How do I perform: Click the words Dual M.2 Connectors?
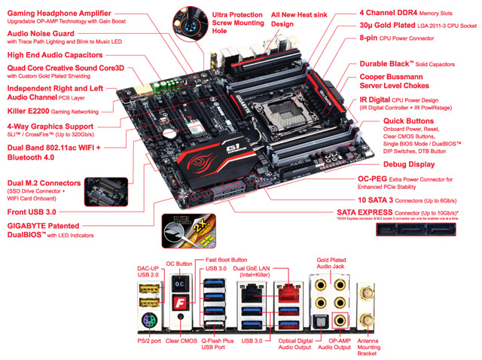pos(43,183)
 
